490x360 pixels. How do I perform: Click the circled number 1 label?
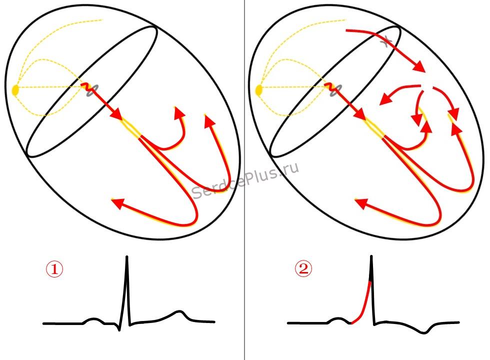pyautogui.click(x=54, y=269)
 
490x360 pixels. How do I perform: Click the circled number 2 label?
pyautogui.click(x=303, y=268)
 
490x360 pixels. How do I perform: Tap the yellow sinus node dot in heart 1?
pyautogui.click(x=15, y=90)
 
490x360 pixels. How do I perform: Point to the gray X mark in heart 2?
pyautogui.click(x=386, y=41)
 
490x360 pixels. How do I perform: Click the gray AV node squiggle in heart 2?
pyautogui.click(x=336, y=90)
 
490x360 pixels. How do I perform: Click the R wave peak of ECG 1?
pyautogui.click(x=127, y=257)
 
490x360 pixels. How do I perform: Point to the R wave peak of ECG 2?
pyautogui.click(x=371, y=257)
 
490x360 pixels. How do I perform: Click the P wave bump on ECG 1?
pyautogui.click(x=93, y=319)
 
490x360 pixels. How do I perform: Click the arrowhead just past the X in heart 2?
pyautogui.click(x=419, y=66)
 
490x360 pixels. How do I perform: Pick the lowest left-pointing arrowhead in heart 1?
pyautogui.click(x=117, y=203)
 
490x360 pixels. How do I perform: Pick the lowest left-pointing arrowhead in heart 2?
pyautogui.click(x=361, y=203)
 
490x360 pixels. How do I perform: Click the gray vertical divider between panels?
pyautogui.click(x=244, y=180)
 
